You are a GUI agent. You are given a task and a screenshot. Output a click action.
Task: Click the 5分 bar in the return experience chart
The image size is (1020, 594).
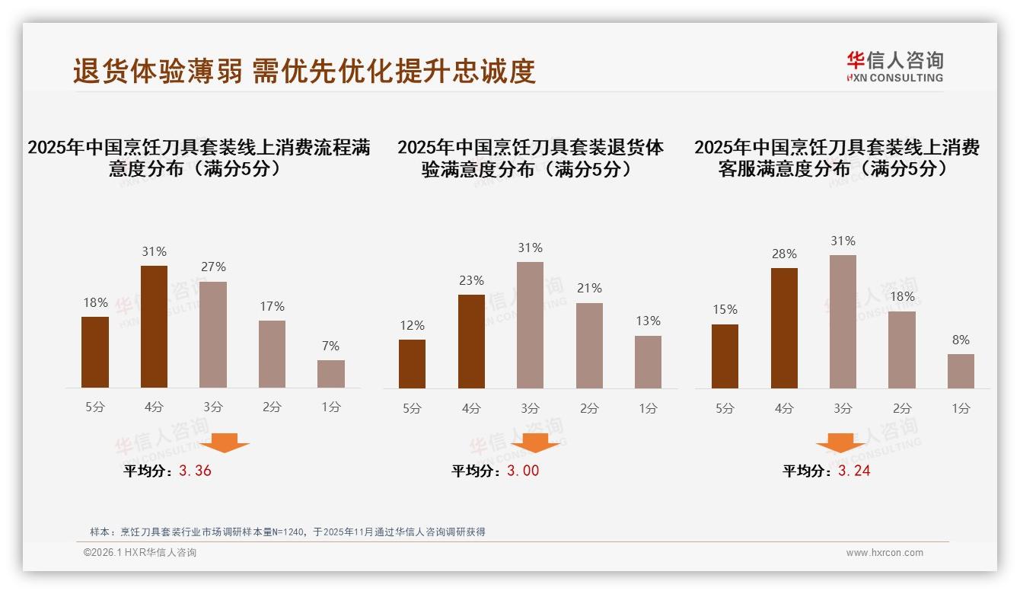tap(412, 364)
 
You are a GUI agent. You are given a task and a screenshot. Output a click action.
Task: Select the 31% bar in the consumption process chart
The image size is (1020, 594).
tap(155, 327)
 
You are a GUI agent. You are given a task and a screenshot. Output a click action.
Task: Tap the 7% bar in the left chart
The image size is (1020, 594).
tap(331, 374)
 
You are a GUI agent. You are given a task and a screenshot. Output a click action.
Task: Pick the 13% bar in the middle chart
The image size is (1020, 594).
tap(648, 362)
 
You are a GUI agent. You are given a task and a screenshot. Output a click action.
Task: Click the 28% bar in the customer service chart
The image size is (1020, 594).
tap(784, 328)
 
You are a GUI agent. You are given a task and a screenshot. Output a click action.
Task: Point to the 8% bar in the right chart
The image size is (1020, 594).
tap(961, 371)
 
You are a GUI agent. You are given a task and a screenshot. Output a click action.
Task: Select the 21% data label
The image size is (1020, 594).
tap(589, 289)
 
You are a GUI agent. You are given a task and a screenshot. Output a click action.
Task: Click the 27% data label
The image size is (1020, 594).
tap(213, 267)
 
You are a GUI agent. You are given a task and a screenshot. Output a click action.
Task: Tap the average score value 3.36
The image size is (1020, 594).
tap(195, 471)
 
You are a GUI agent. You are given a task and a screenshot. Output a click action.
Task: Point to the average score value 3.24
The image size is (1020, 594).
tap(854, 471)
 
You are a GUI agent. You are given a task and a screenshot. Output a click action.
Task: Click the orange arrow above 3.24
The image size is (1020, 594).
tap(840, 443)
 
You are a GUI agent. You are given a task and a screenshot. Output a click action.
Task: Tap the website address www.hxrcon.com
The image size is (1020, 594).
tap(885, 553)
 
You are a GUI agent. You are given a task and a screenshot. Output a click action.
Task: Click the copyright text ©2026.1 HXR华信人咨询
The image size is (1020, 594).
tap(139, 553)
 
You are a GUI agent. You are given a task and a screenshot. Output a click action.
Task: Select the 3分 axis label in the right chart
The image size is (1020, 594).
tap(843, 408)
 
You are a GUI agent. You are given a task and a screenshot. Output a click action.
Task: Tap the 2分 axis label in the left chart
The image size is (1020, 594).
tap(272, 407)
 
